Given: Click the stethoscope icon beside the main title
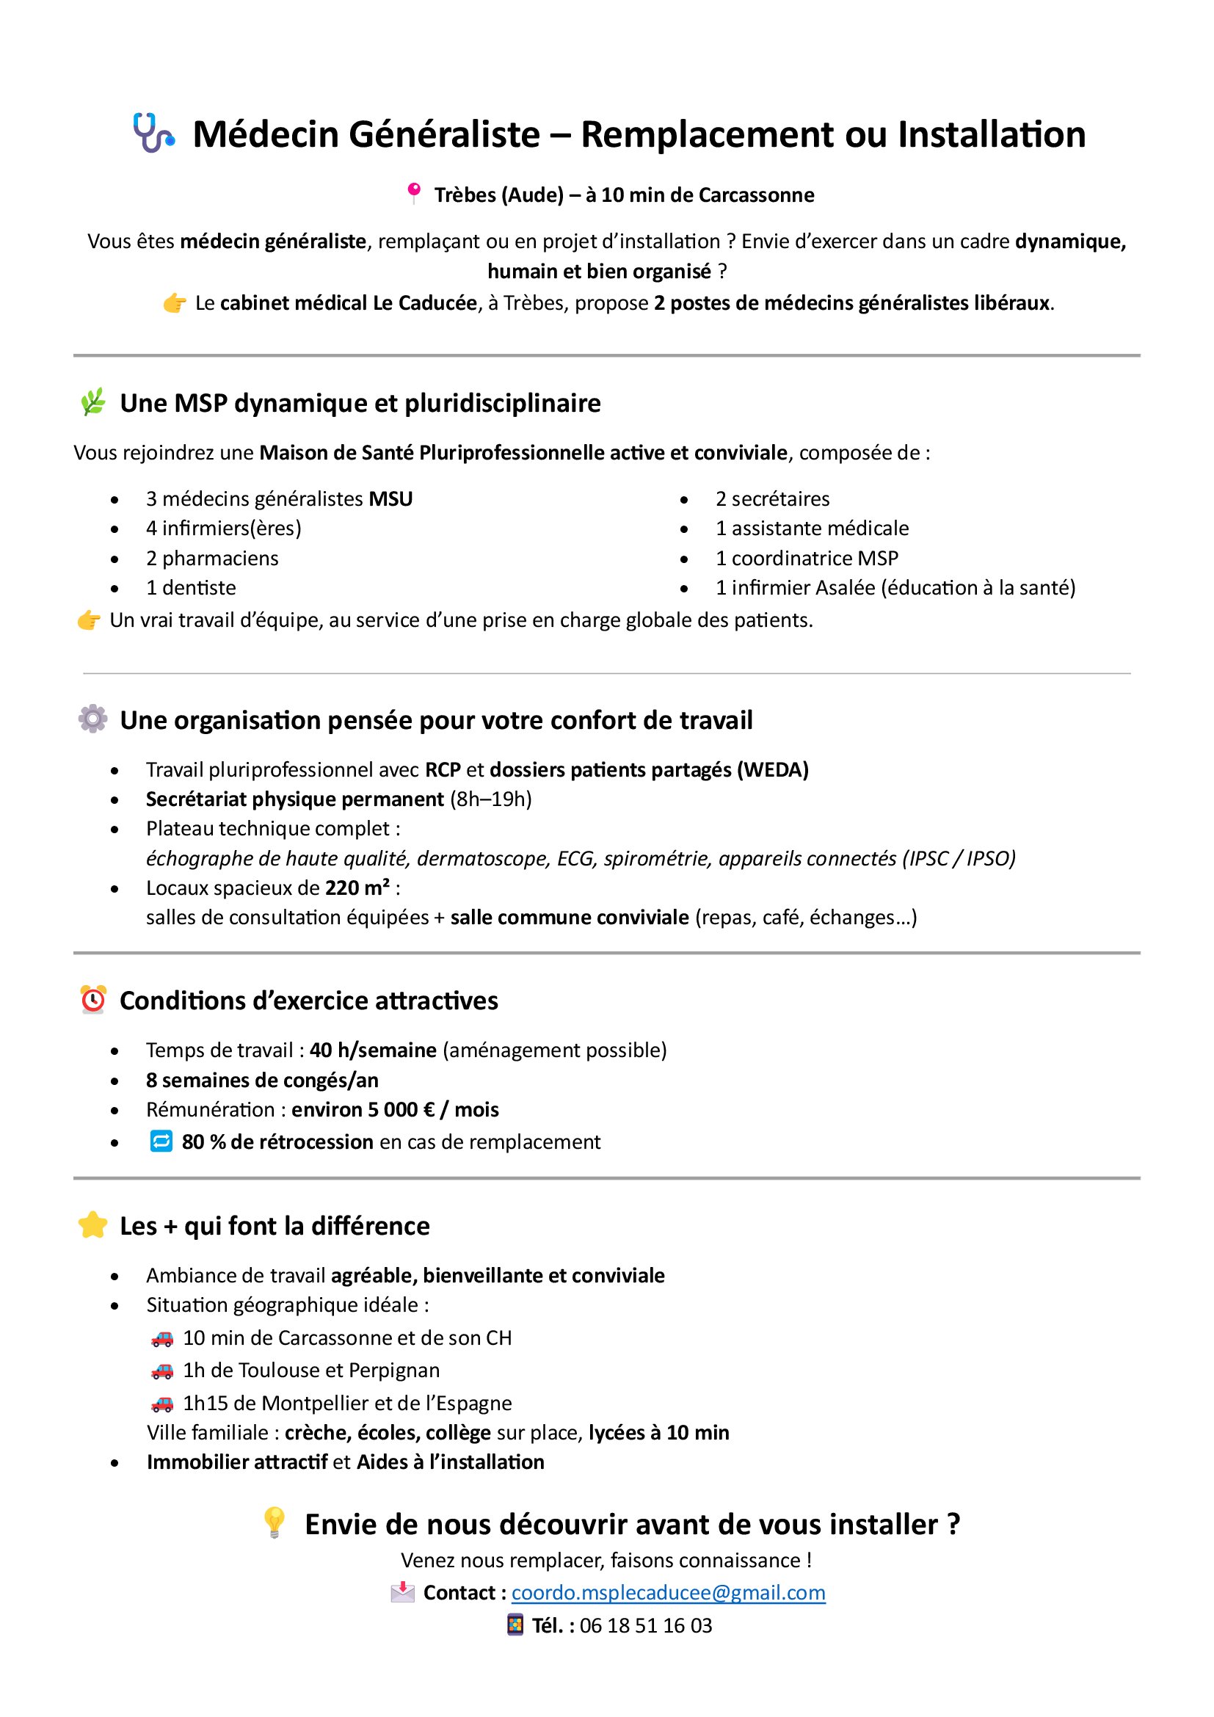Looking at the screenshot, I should coord(153,133).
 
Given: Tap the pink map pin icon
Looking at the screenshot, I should coord(412,194).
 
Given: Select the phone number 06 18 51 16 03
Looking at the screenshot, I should coord(646,1625).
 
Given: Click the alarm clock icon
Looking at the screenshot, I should coord(93,1000).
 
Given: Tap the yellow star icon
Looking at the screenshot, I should coord(92,1225).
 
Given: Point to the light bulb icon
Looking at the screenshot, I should coord(275,1523).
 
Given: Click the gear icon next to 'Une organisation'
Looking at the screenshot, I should coord(92,719).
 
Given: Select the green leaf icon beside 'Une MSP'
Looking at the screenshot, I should coord(92,402).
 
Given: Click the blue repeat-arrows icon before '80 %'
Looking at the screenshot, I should coord(161,1141).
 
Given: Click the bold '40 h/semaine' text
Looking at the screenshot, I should coord(373,1050).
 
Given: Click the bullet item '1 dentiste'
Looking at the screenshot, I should coord(191,588).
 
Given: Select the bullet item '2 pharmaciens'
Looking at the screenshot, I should coord(212,559).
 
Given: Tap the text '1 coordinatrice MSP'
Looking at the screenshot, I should coord(807,559).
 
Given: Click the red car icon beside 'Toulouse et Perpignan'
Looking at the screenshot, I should coord(162,1371).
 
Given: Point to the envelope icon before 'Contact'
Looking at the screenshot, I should coord(402,1592).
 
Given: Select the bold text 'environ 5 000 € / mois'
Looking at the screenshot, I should coord(395,1109).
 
